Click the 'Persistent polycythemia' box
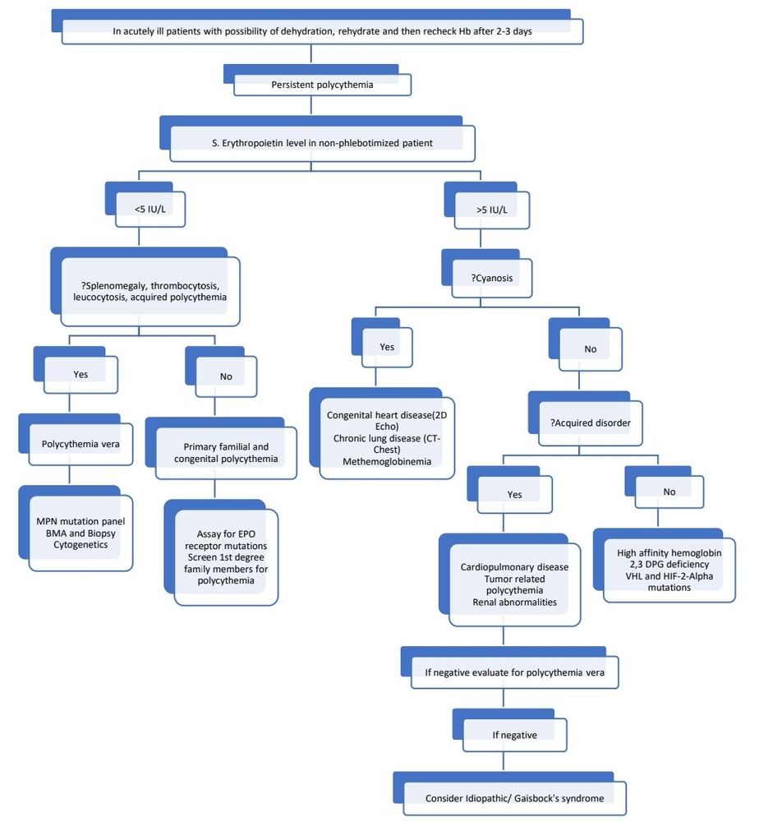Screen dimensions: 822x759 click(x=322, y=85)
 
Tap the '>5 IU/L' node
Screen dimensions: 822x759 click(x=490, y=210)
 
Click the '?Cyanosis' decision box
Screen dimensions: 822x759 click(x=491, y=278)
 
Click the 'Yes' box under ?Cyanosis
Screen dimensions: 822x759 click(x=387, y=347)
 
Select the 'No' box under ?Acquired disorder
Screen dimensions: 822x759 click(x=669, y=492)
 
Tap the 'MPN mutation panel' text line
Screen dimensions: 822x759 click(x=80, y=521)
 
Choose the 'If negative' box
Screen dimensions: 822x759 click(x=514, y=735)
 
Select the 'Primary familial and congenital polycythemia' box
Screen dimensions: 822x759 click(x=226, y=453)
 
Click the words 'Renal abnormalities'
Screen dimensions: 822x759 click(x=515, y=602)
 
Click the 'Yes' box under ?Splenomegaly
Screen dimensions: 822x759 click(x=80, y=374)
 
